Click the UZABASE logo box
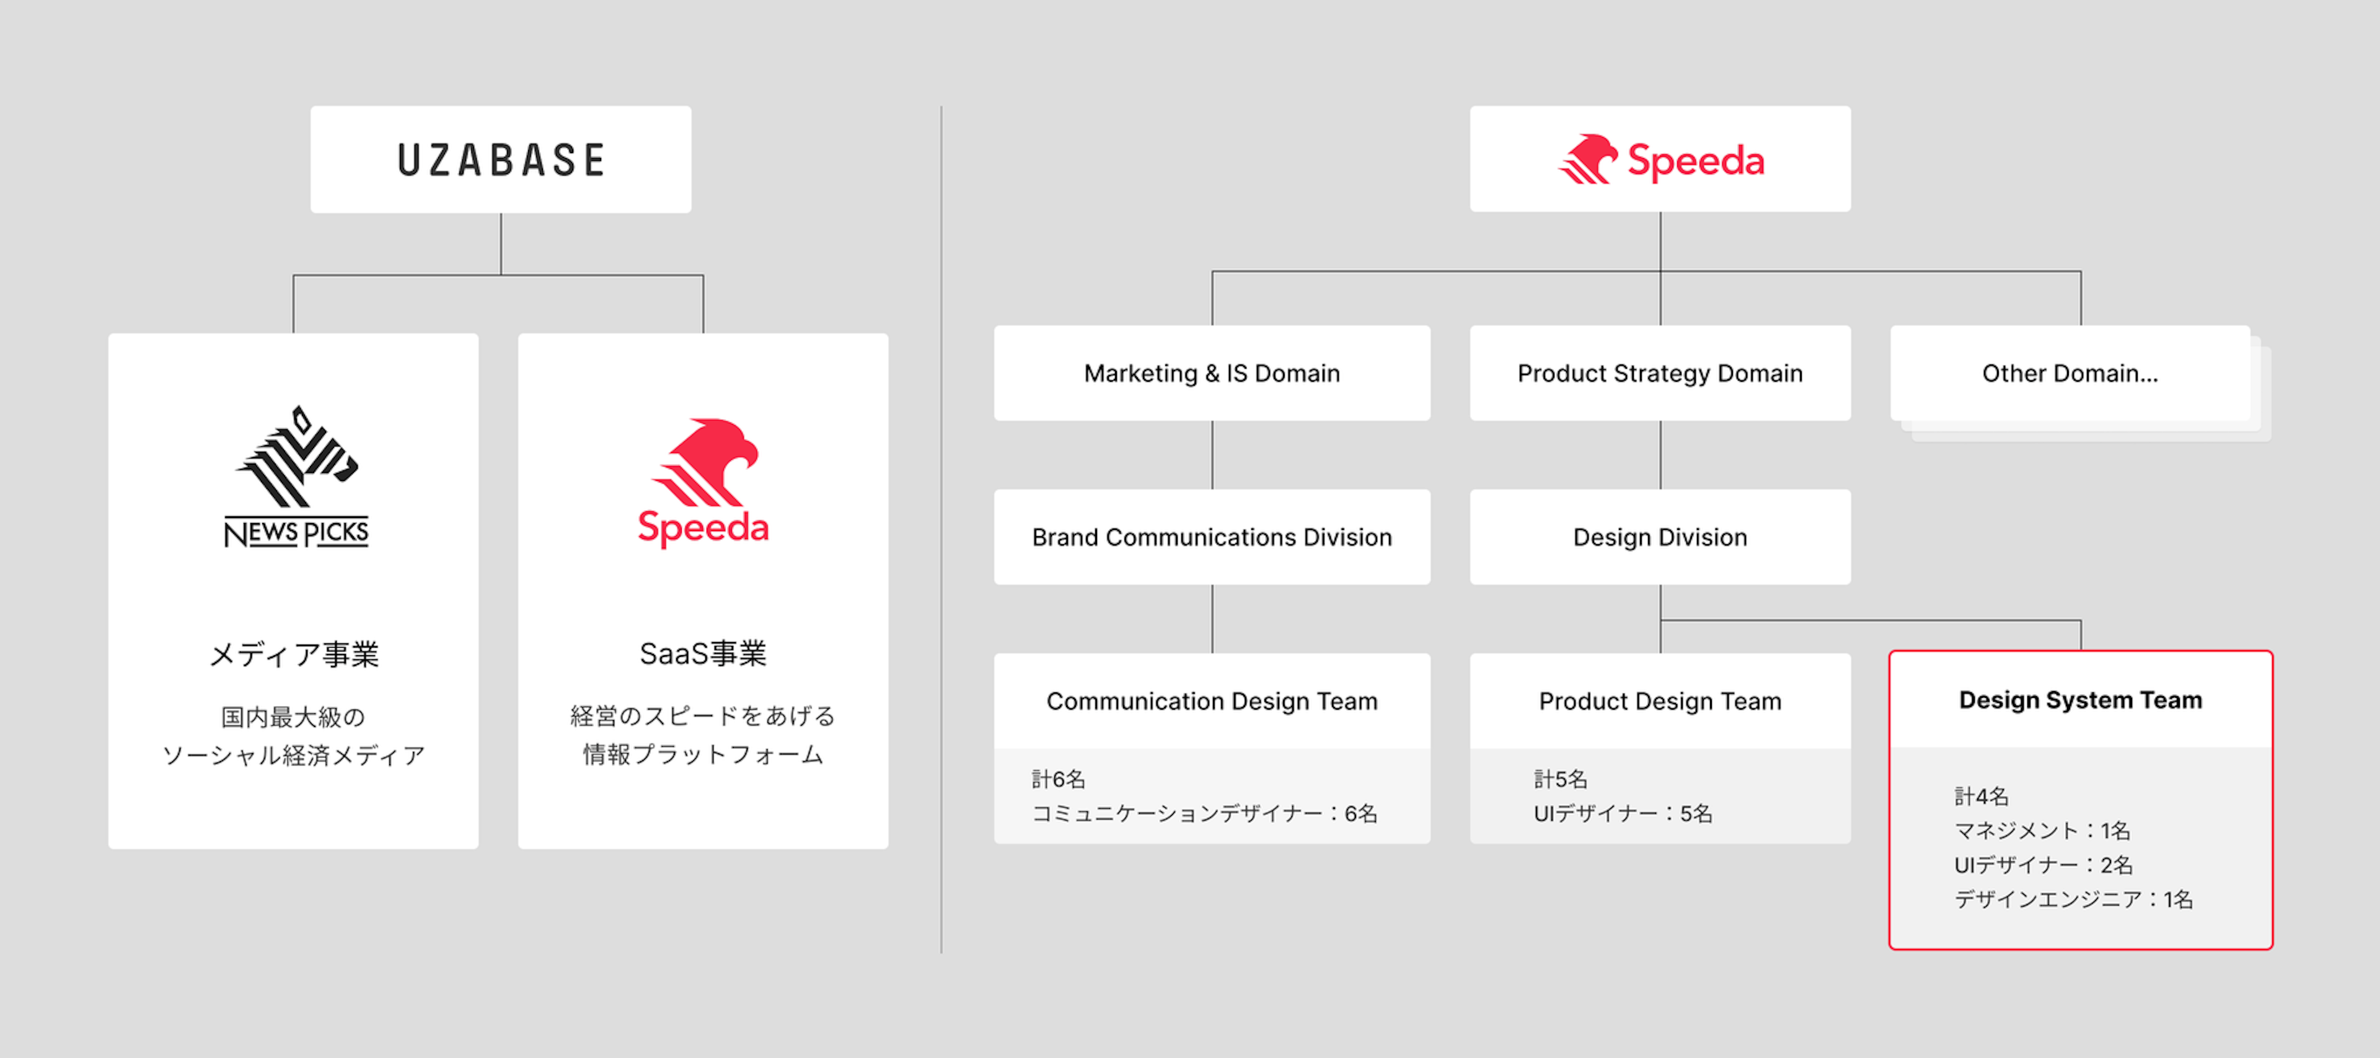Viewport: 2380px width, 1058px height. [x=501, y=159]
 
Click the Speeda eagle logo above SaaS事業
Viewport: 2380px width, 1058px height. [x=703, y=482]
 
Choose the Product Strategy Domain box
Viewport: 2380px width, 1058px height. [x=1660, y=373]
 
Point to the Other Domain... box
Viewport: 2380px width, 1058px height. [x=2071, y=373]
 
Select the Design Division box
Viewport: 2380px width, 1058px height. [x=1660, y=537]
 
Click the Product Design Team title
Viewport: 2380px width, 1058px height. [x=1660, y=702]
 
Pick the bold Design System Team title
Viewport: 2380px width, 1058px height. [x=2081, y=700]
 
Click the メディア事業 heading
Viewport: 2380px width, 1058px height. [x=294, y=655]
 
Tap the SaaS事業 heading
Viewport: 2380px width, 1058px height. [x=703, y=653]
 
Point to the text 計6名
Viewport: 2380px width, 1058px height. [x=1059, y=779]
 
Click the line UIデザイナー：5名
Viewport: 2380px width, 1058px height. [x=1623, y=813]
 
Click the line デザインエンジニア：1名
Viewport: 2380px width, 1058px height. [x=2073, y=899]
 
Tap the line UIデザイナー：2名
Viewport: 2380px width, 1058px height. [x=2043, y=865]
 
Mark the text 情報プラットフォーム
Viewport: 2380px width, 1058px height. [x=703, y=754]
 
